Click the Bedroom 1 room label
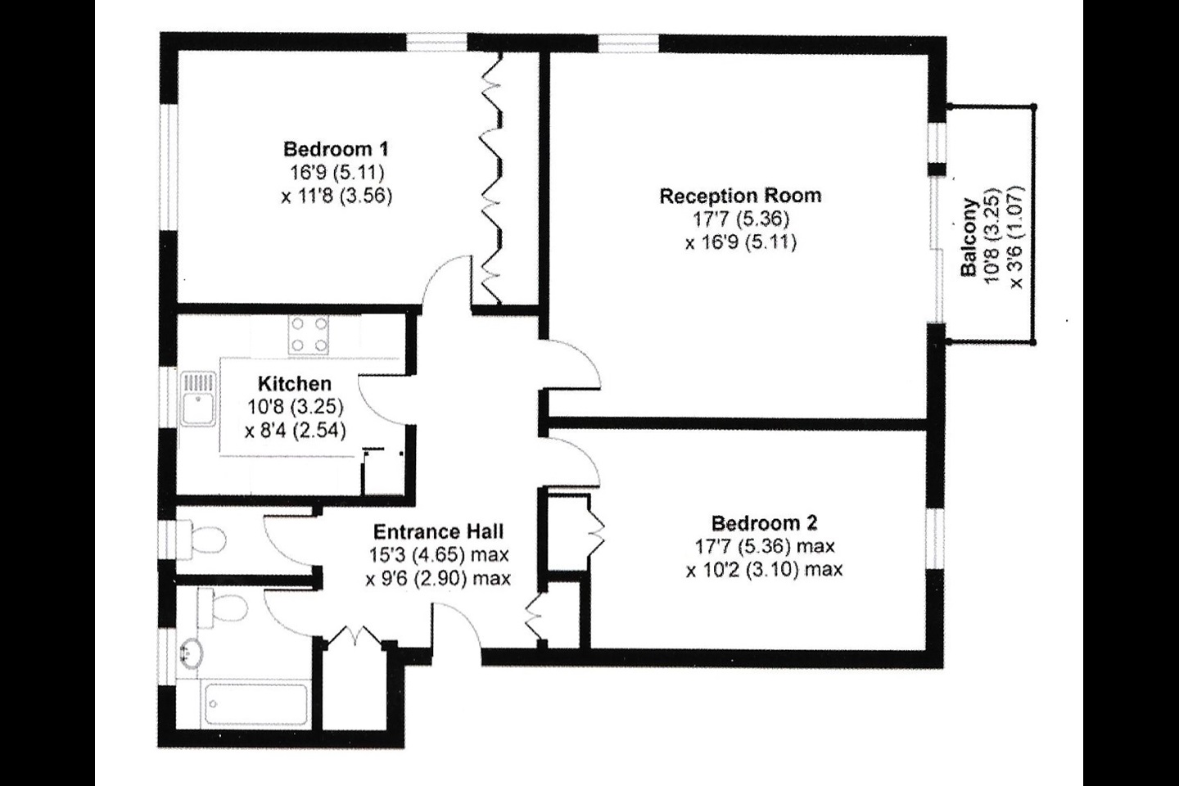coord(336,150)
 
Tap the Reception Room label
coord(740,196)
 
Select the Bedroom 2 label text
coord(764,523)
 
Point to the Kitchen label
coord(295,383)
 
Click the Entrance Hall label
coord(439,531)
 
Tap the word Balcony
coord(969,237)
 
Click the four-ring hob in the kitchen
coord(308,334)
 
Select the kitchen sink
coord(198,399)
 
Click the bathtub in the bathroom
coord(256,704)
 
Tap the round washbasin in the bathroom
coord(192,653)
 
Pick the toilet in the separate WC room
coord(202,540)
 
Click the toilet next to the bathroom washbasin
coord(224,608)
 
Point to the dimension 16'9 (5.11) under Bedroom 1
coord(337,173)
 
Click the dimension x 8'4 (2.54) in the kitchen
coord(296,431)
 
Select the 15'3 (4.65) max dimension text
coord(439,555)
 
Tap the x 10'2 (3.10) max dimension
coord(764,570)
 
